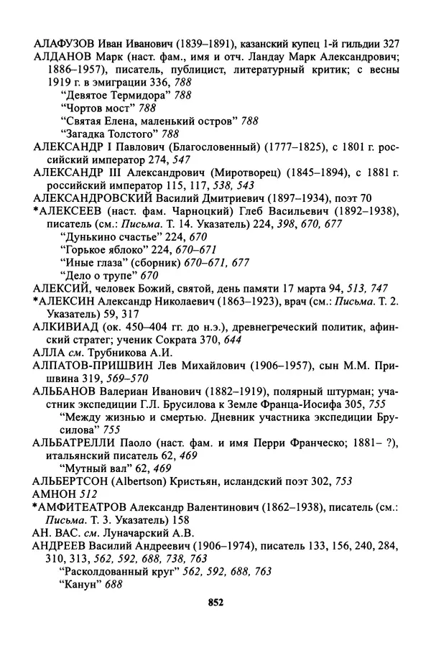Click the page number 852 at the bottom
coord(215,603)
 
